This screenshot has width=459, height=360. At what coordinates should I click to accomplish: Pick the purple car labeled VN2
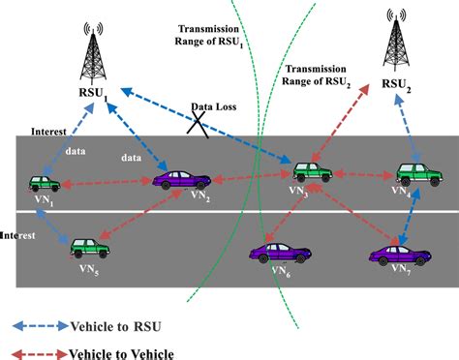click(181, 179)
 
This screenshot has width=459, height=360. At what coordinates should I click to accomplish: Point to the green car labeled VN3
click(316, 172)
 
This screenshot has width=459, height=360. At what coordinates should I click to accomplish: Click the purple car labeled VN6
click(280, 255)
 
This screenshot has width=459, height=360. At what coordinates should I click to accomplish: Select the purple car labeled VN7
click(398, 255)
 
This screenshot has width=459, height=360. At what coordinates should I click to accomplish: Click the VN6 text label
click(282, 274)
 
